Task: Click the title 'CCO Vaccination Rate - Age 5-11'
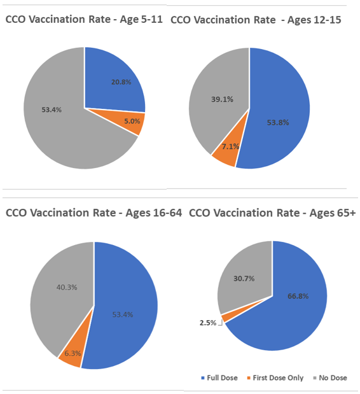[84, 20]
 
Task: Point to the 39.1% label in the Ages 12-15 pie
[221, 99]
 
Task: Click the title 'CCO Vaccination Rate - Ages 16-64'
[93, 212]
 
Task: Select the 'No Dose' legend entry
[331, 378]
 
